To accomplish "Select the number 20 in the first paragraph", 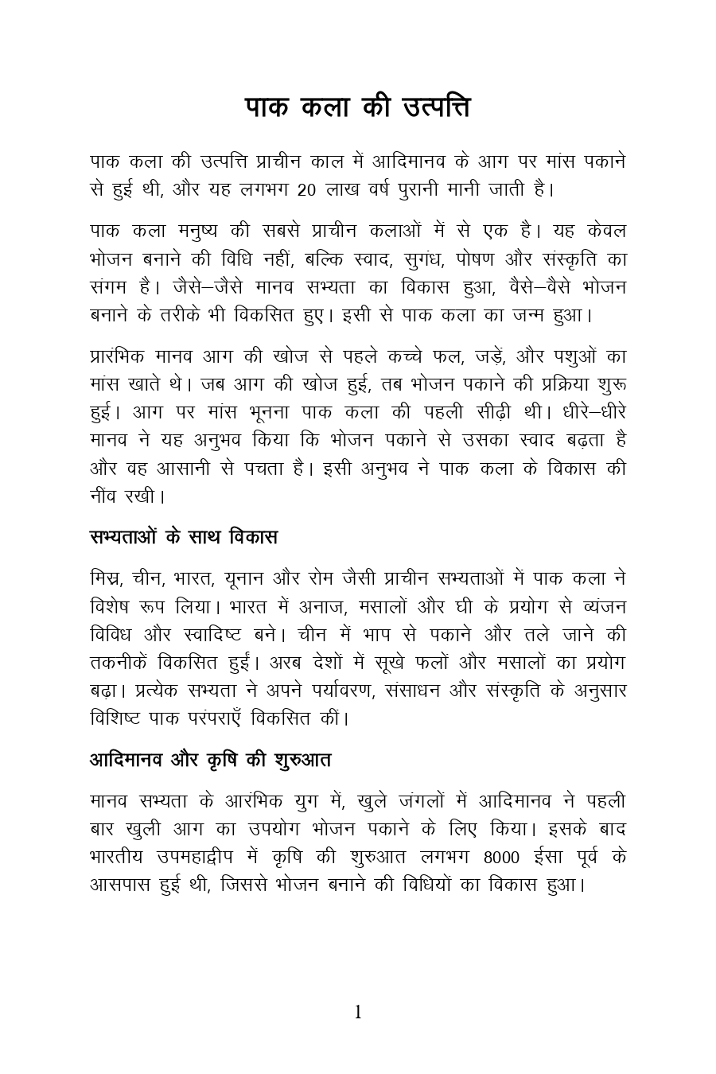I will pyautogui.click(x=306, y=191).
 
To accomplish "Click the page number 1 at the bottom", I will pyautogui.click(x=358, y=1012).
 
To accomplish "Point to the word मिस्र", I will pyautogui.click(x=107, y=578).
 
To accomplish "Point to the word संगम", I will pyautogui.click(x=110, y=287).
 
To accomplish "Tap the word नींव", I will pyautogui.click(x=105, y=496).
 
